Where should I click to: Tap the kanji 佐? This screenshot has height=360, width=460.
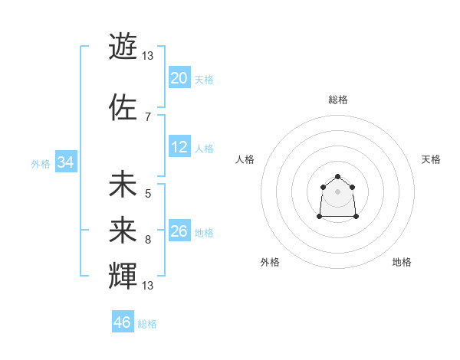(x=123, y=106)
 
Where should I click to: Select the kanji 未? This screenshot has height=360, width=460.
(x=123, y=185)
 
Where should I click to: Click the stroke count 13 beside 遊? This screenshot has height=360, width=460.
(x=148, y=56)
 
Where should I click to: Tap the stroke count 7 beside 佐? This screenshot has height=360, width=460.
(x=148, y=117)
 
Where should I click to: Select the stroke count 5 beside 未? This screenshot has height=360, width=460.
(x=148, y=194)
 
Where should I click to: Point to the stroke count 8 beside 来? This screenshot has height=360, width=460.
(x=148, y=240)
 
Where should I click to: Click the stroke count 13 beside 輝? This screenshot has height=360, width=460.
(x=148, y=286)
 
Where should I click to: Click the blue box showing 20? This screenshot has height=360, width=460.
(x=179, y=77)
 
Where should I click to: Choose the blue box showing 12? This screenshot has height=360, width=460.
(x=179, y=147)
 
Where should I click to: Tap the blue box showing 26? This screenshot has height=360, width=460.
(x=179, y=231)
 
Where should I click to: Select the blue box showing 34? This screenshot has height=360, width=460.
(x=65, y=162)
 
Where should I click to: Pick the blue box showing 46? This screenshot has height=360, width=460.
(x=123, y=322)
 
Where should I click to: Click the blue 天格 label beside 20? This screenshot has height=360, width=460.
(x=203, y=79)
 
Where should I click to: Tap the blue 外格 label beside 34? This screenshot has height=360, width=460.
(x=41, y=164)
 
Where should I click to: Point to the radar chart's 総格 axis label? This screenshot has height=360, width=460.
(x=338, y=100)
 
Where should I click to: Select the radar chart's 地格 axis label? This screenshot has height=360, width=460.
(x=402, y=262)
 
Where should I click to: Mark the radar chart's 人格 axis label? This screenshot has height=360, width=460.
(x=245, y=159)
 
